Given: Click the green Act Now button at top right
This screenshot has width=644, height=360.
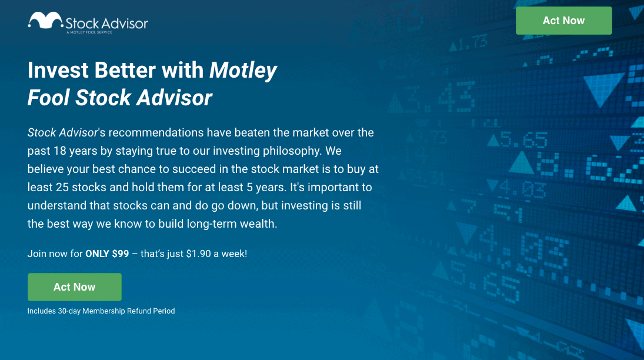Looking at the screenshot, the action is [563, 21].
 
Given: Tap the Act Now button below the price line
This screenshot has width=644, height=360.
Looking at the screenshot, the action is [74, 287].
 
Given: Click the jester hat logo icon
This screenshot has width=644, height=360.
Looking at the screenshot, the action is [46, 21].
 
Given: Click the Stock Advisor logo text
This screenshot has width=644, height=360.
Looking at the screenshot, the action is [107, 24].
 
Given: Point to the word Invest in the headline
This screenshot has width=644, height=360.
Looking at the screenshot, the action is [58, 70].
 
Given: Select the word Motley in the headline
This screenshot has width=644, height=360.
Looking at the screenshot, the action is [243, 71].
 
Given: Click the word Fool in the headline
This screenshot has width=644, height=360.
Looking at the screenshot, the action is [48, 98].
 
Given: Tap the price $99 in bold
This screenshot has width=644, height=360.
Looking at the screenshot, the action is [121, 254].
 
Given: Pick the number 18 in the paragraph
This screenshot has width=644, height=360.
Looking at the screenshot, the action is [59, 151].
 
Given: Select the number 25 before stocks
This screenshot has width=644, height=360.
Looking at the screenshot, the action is [62, 188].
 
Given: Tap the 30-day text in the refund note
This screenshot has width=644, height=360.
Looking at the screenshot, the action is [69, 311].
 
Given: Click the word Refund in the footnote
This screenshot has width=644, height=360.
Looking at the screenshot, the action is [139, 311].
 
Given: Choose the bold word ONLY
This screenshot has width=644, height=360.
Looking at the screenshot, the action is [97, 254].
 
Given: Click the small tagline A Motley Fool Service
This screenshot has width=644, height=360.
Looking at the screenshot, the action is [89, 32].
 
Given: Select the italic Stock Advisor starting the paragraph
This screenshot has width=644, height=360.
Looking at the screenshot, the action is [62, 133].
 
